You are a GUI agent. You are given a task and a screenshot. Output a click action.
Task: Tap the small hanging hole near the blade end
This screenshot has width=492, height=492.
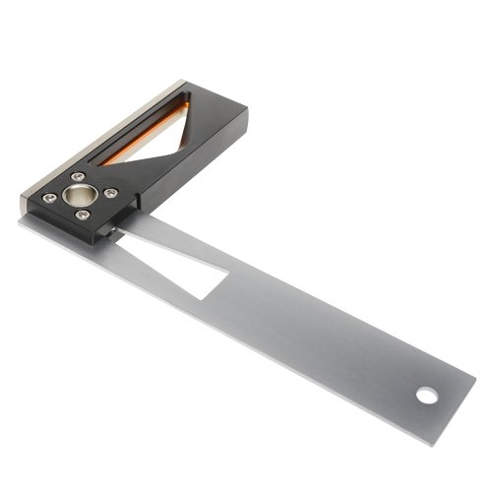[x=426, y=396]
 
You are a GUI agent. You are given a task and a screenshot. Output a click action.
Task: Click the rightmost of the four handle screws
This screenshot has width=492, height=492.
[x=110, y=192]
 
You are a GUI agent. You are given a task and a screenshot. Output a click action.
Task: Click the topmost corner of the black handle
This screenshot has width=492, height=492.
[x=186, y=82]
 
